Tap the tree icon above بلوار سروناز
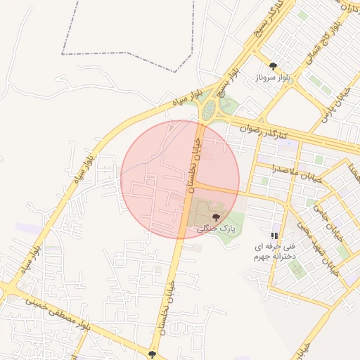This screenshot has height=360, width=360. (273, 67)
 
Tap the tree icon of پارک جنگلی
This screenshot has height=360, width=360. (215, 216)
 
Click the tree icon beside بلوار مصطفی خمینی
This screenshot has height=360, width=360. (153, 354)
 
